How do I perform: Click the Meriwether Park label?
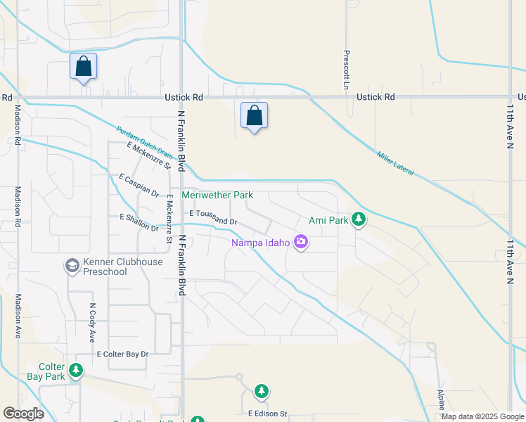(x=217, y=195)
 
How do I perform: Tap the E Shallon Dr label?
(x=139, y=222)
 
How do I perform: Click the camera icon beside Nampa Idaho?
(x=301, y=242)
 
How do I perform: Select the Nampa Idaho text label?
(x=261, y=243)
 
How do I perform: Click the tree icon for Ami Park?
(x=359, y=219)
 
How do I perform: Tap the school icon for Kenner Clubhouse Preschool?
(x=71, y=265)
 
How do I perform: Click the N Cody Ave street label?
(x=91, y=322)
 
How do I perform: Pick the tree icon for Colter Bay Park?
(x=76, y=370)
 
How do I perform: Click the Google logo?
(x=23, y=414)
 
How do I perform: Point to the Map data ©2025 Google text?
(x=482, y=416)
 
